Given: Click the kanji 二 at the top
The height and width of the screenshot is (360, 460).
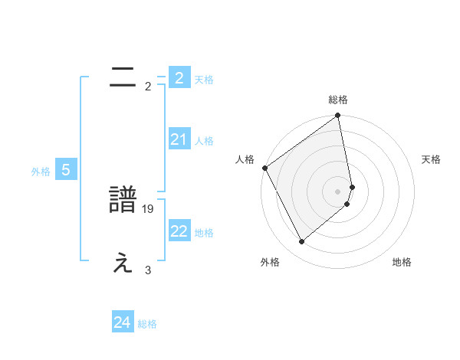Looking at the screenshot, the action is tap(123, 77).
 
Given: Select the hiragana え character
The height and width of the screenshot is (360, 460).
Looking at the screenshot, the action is tap(123, 263).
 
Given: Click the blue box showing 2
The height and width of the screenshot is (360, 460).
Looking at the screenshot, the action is tap(179, 77).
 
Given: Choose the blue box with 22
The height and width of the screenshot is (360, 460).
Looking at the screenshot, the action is tap(179, 231).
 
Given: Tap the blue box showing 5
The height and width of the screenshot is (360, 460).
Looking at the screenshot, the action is tap(65, 170).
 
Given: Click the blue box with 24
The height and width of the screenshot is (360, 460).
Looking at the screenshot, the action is tap(122, 322).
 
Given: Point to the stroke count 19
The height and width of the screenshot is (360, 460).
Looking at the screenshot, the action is tap(149, 208).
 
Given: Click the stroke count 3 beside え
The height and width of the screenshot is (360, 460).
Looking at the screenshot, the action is tap(148, 270).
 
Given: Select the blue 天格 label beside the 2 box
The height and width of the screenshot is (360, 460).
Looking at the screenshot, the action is tap(204, 79).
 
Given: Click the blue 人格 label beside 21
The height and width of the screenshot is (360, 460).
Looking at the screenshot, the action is tap(204, 140).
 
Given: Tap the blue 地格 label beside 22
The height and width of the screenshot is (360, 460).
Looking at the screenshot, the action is tap(204, 233).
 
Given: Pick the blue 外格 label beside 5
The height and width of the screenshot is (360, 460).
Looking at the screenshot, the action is tap(41, 172).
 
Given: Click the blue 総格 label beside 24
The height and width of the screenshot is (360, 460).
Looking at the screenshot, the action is tap(147, 324).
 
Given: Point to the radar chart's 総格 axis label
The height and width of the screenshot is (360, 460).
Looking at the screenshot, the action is tap(338, 100).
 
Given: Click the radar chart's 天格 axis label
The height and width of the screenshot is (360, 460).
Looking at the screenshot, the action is tap(432, 159).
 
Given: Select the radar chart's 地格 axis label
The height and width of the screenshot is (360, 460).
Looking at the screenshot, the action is tap(402, 262).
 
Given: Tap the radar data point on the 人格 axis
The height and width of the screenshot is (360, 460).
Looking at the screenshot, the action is tap(264, 168).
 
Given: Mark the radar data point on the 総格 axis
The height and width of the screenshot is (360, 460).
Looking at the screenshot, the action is tap(338, 116).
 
